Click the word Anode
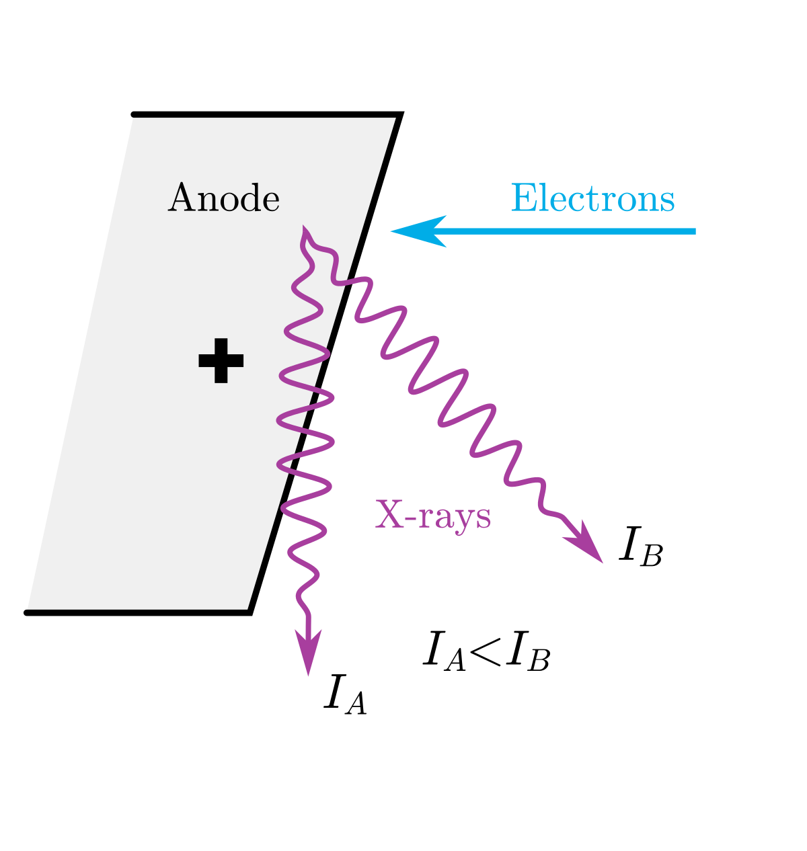[223, 199]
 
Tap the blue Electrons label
[592, 199]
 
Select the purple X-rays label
[433, 516]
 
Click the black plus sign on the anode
[221, 361]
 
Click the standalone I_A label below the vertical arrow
[345, 695]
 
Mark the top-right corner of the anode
[400, 116]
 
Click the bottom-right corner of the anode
[249, 612]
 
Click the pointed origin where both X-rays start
[305, 229]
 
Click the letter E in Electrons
[522, 199]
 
